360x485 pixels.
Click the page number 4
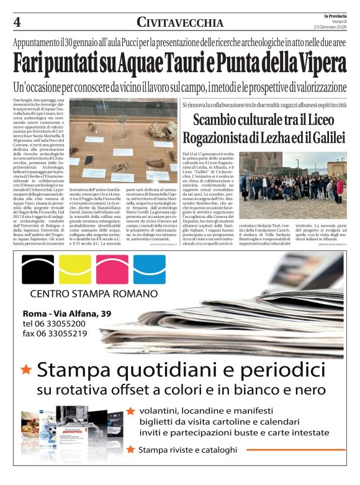point(17,22)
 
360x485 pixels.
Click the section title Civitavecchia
point(180,22)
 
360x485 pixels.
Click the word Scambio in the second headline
point(219,120)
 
